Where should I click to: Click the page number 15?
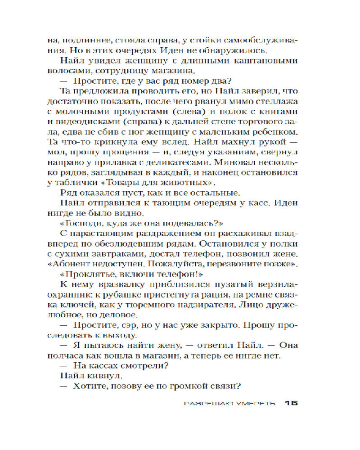pyautogui.click(x=291, y=403)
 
